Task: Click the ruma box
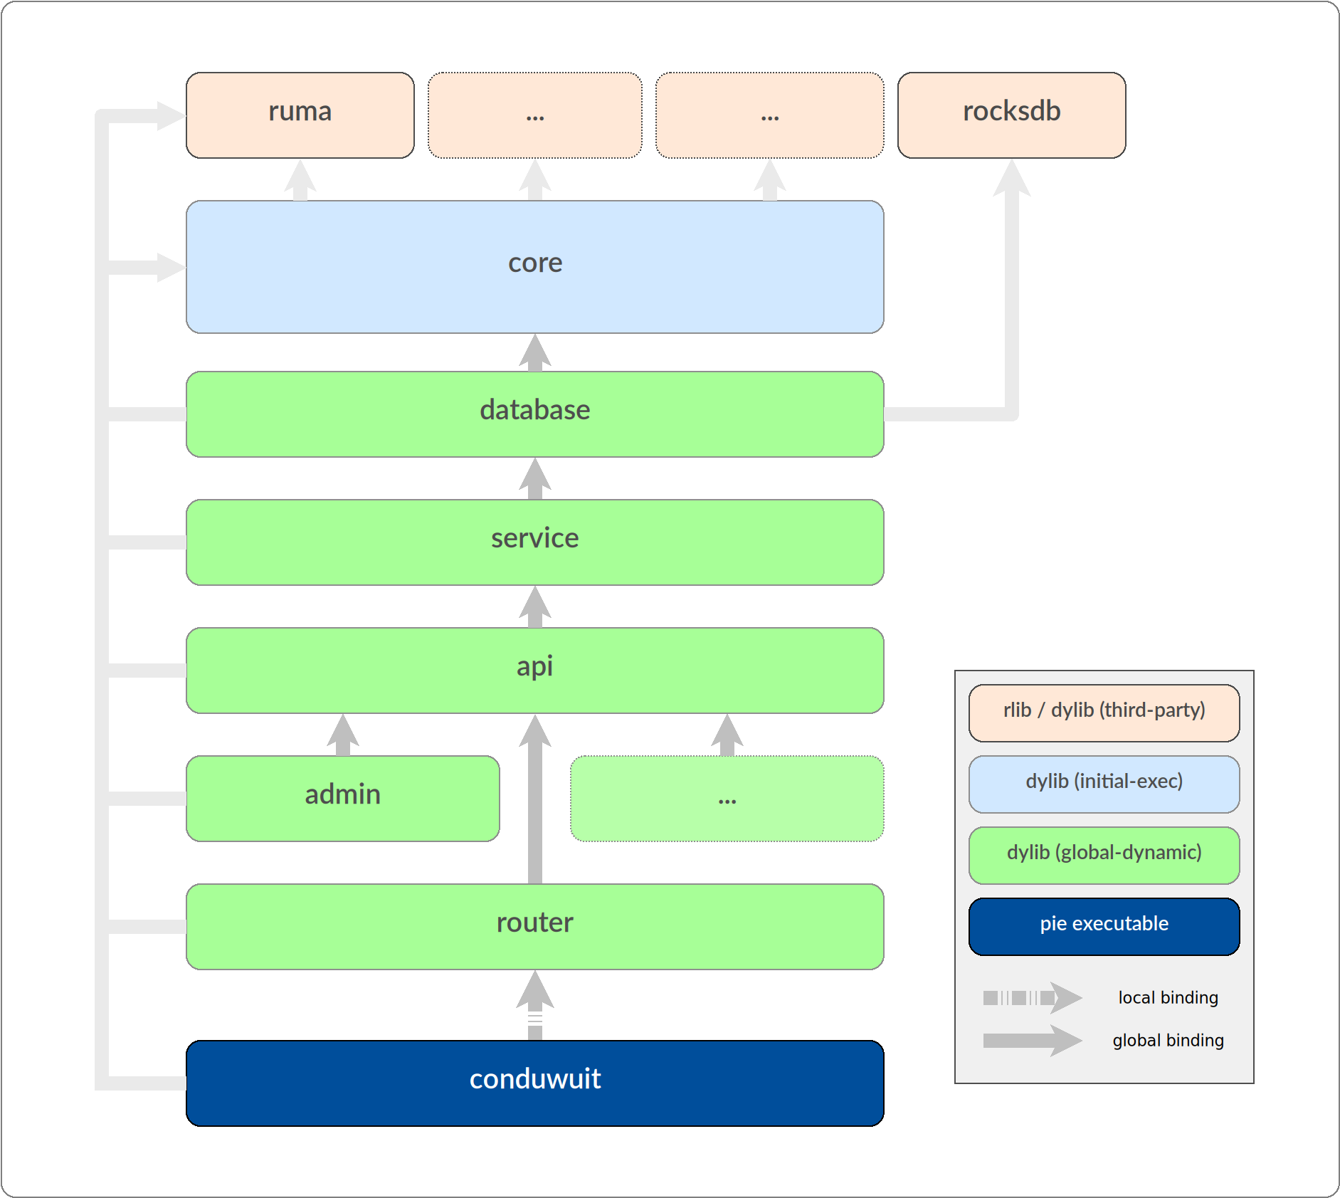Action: (300, 114)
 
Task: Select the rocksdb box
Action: (1011, 114)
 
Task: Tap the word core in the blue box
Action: (535, 263)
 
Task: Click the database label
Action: (535, 411)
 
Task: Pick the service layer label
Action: (535, 539)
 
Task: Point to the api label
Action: (535, 667)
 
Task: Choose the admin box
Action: (342, 797)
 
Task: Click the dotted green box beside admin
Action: (727, 799)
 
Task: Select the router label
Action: (535, 923)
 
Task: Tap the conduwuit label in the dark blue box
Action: (535, 1080)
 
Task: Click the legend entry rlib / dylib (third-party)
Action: (1104, 711)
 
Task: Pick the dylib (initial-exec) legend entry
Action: (1104, 782)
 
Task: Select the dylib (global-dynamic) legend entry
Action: (1104, 853)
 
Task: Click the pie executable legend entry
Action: (1104, 925)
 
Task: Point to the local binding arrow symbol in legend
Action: (1033, 998)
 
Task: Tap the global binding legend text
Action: (1168, 1041)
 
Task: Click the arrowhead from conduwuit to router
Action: (535, 991)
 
